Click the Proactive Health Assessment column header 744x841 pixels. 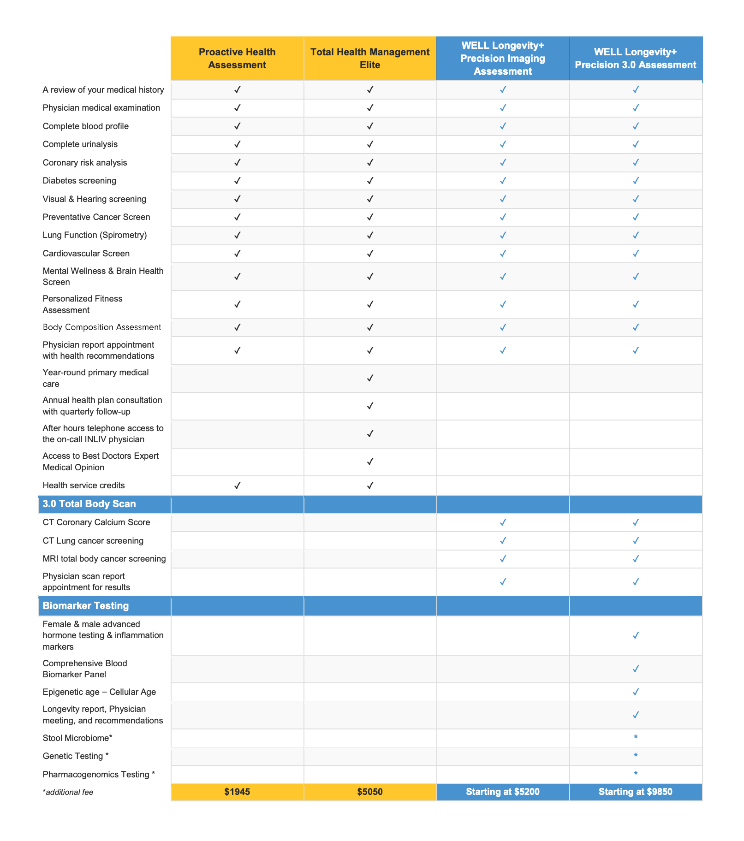pos(237,59)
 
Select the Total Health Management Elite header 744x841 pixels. pos(370,59)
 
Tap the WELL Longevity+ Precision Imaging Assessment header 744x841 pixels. pos(503,59)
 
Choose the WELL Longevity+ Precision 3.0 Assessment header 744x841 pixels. pos(636,59)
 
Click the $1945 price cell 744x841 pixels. pos(237,792)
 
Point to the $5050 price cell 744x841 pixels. pos(370,792)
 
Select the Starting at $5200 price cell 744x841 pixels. pos(503,792)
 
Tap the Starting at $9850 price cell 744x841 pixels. pos(636,792)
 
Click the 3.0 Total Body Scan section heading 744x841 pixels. pos(89,504)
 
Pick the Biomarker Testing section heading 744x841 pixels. pos(86,606)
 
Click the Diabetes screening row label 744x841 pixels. pos(79,181)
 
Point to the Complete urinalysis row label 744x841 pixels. pos(80,144)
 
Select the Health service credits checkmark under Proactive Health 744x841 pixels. pos(237,485)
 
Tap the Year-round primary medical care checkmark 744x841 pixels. pos(370,378)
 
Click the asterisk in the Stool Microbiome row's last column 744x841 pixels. pos(636,738)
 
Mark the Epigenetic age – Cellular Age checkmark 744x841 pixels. pos(636,692)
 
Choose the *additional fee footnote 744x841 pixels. pos(68,792)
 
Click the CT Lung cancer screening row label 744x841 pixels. pos(93,540)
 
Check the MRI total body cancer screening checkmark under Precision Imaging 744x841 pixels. pos(503,559)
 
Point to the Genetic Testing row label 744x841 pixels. pos(76,756)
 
